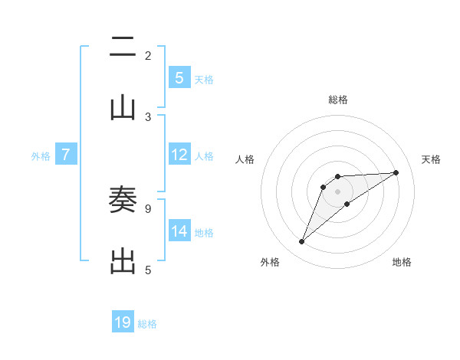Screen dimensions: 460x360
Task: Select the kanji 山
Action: point(123,108)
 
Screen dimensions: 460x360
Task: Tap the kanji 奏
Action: point(123,201)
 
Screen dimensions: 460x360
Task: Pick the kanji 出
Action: point(123,261)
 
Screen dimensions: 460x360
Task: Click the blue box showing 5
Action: point(179,78)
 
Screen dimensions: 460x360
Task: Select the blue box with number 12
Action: point(179,155)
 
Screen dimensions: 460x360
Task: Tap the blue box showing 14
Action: point(179,231)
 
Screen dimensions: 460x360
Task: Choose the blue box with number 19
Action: point(123,322)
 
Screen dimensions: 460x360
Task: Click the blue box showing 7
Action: point(66,155)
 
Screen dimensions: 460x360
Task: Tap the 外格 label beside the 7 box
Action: point(41,155)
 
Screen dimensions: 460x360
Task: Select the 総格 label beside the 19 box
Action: point(147,323)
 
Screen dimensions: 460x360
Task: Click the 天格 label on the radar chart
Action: point(431,159)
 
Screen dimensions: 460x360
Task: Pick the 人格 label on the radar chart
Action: point(245,159)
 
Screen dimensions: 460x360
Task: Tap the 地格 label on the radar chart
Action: point(402,262)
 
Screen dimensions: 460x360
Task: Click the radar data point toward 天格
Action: point(396,172)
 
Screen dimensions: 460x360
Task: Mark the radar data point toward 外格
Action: point(301,242)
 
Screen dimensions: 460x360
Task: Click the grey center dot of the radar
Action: point(338,191)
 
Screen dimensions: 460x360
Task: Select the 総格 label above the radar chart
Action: point(338,100)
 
